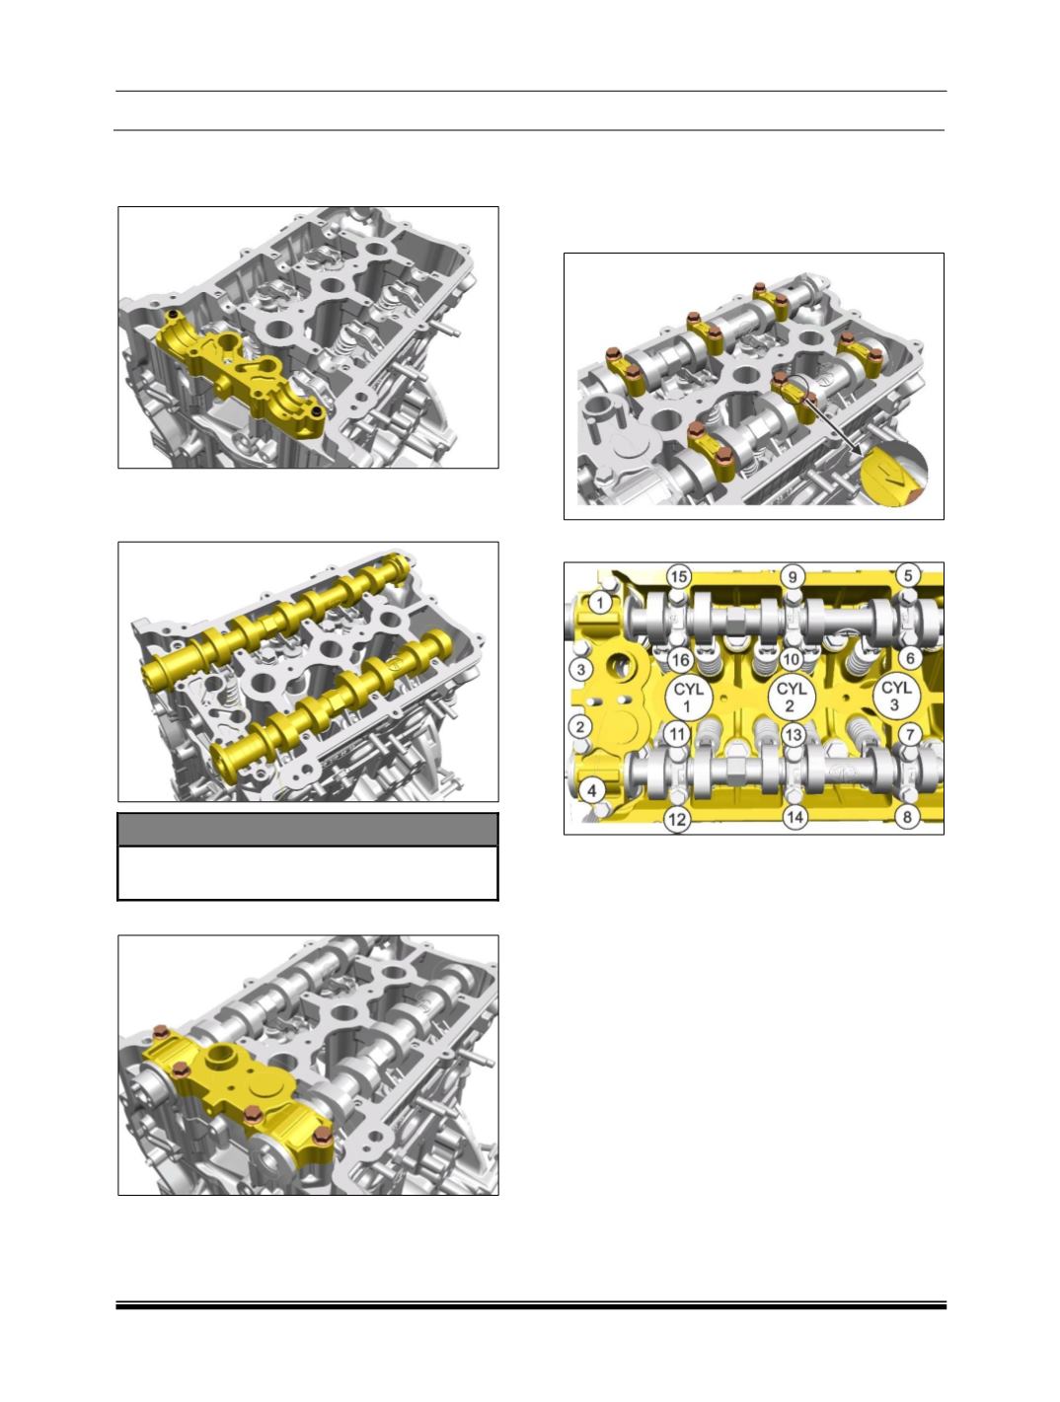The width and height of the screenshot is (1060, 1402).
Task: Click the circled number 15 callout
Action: [679, 577]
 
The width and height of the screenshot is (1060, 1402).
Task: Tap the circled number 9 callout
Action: [793, 577]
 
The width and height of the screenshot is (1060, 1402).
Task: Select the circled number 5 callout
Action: [908, 575]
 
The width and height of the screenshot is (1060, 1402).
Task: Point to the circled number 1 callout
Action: [599, 602]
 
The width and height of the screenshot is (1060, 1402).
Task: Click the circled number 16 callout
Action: [680, 659]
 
